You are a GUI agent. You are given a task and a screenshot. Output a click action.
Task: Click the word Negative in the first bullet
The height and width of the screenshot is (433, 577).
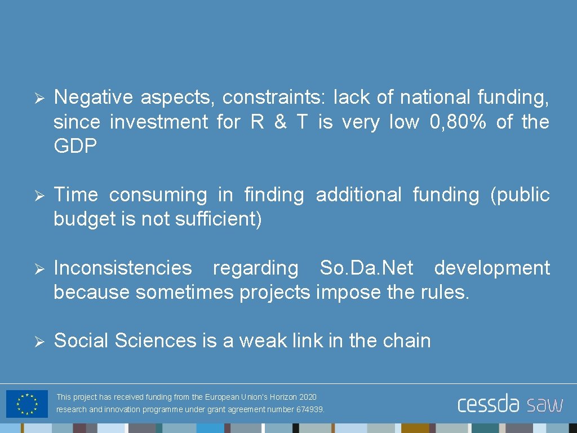tap(94, 98)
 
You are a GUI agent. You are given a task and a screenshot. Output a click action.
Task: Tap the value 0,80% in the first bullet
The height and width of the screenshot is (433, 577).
tap(457, 122)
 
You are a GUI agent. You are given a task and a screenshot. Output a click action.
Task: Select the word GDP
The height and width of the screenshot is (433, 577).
tap(76, 146)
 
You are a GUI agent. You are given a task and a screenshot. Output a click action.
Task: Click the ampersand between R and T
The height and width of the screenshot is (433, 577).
tap(280, 122)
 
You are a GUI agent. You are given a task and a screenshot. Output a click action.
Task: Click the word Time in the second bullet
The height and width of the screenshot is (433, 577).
tap(76, 195)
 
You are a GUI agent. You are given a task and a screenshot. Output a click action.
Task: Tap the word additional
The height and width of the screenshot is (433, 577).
tap(358, 195)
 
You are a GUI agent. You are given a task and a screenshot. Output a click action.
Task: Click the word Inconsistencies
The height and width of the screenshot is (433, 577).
tap(123, 268)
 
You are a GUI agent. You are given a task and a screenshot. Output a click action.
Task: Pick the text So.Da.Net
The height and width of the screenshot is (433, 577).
tap(366, 268)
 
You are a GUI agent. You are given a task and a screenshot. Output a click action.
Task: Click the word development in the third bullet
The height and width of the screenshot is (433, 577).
tap(492, 268)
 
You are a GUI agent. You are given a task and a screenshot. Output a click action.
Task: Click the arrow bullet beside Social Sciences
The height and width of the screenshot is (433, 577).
tap(38, 341)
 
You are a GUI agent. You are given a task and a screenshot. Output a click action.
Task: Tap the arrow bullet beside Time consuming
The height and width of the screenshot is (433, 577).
tap(38, 196)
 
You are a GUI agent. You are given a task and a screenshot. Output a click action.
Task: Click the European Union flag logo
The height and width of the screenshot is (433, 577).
tap(26, 404)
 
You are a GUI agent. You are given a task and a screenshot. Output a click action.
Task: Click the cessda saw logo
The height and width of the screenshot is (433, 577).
tap(510, 404)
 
